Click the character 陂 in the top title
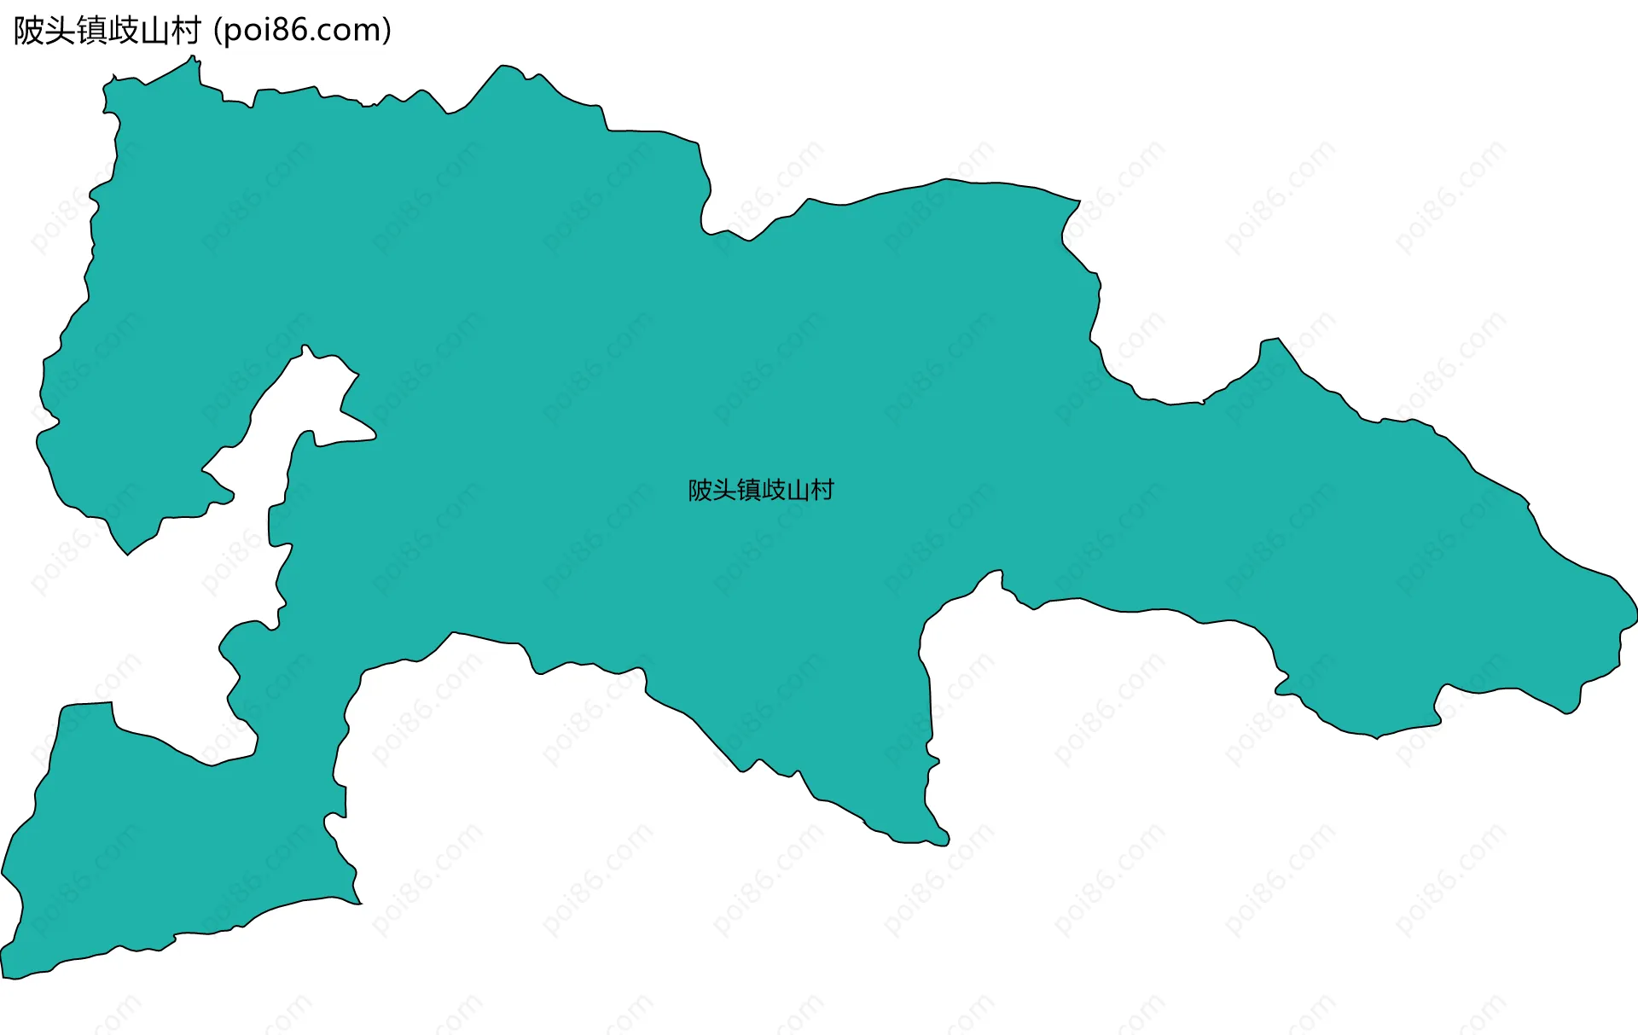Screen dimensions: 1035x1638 coord(29,31)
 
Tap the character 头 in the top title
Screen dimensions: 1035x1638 coord(61,31)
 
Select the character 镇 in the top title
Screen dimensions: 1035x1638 coord(92,31)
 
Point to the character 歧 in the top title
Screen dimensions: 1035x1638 coord(124,31)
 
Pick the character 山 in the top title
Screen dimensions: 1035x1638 coord(155,31)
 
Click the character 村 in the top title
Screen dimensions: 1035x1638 coord(186,31)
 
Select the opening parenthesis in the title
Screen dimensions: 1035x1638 coord(217,31)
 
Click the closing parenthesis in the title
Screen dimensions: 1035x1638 coord(387,31)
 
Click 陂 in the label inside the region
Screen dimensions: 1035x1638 coord(700,491)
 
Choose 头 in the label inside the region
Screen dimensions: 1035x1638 coord(724,491)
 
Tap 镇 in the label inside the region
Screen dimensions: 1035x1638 coord(749,491)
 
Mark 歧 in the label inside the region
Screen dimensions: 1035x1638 coord(774,491)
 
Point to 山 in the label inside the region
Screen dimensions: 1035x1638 coord(799,491)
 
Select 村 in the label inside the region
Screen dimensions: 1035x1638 coord(822,491)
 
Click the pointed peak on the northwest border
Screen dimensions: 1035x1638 coord(193,58)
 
